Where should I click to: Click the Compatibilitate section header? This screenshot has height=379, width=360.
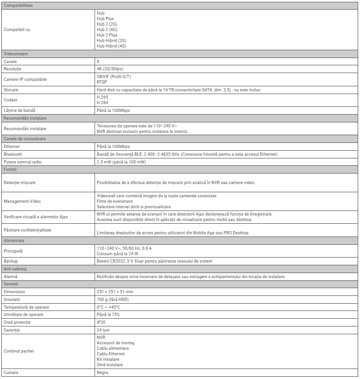(x=18, y=5)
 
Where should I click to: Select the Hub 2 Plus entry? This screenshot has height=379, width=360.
(x=107, y=35)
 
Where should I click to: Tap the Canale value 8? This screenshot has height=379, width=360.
(x=98, y=61)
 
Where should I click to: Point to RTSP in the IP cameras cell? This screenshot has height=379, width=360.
(x=102, y=82)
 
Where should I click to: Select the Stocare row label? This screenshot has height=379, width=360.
(x=11, y=90)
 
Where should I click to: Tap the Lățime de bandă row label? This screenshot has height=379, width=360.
(x=19, y=111)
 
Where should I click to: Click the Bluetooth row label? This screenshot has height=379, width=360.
(x=13, y=154)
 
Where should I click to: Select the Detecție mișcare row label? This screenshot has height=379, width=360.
(x=20, y=183)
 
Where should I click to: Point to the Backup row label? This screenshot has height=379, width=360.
(x=11, y=261)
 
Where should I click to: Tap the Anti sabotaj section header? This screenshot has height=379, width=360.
(x=16, y=269)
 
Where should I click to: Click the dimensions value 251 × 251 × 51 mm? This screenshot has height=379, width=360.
(x=115, y=291)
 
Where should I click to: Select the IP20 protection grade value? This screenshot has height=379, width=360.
(x=101, y=322)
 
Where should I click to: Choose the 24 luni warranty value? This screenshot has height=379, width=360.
(x=103, y=330)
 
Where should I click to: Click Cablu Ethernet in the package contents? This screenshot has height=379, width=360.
(x=111, y=354)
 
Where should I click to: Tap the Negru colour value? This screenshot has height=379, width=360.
(x=103, y=373)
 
